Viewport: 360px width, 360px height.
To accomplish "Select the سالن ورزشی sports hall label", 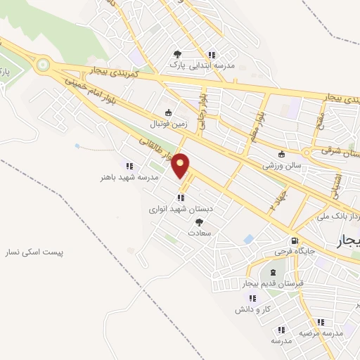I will click(x=281, y=167).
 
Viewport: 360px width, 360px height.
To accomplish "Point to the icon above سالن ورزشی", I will click(x=282, y=155).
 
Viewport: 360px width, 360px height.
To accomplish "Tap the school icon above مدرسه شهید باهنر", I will click(x=129, y=166).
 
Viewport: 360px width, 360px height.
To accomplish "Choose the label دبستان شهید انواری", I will click(x=176, y=209).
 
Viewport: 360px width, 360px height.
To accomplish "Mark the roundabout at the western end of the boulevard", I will click(x=44, y=66).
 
